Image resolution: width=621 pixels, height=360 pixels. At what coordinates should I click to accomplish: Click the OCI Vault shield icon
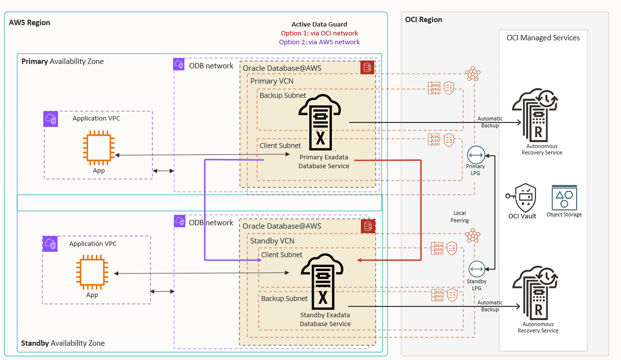pyautogui.click(x=524, y=197)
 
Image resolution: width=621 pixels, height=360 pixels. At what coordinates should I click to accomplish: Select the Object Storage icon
pyautogui.click(x=564, y=198)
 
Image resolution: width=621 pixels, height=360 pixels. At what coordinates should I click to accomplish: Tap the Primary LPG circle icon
pyautogui.click(x=476, y=155)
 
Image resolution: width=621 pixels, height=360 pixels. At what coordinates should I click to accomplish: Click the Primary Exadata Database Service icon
pyautogui.click(x=320, y=123)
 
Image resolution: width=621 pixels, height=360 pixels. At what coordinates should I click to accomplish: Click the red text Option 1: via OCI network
pyautogui.click(x=319, y=33)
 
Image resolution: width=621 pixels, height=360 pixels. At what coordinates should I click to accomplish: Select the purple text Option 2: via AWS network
pyautogui.click(x=319, y=42)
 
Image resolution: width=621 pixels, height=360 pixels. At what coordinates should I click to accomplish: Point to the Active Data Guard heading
pyautogui.click(x=319, y=25)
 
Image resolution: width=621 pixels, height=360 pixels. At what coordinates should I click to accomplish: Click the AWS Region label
pyautogui.click(x=30, y=23)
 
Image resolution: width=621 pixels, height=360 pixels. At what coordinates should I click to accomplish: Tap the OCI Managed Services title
pyautogui.click(x=543, y=38)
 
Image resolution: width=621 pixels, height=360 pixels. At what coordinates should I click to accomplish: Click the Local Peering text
pyautogui.click(x=460, y=217)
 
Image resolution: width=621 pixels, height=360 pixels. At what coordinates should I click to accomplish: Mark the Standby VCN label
pyautogui.click(x=272, y=241)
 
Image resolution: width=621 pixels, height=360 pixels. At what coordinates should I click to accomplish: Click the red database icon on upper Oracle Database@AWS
pyautogui.click(x=367, y=68)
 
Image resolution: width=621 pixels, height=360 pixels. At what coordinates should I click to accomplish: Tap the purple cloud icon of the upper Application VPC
pyautogui.click(x=51, y=119)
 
